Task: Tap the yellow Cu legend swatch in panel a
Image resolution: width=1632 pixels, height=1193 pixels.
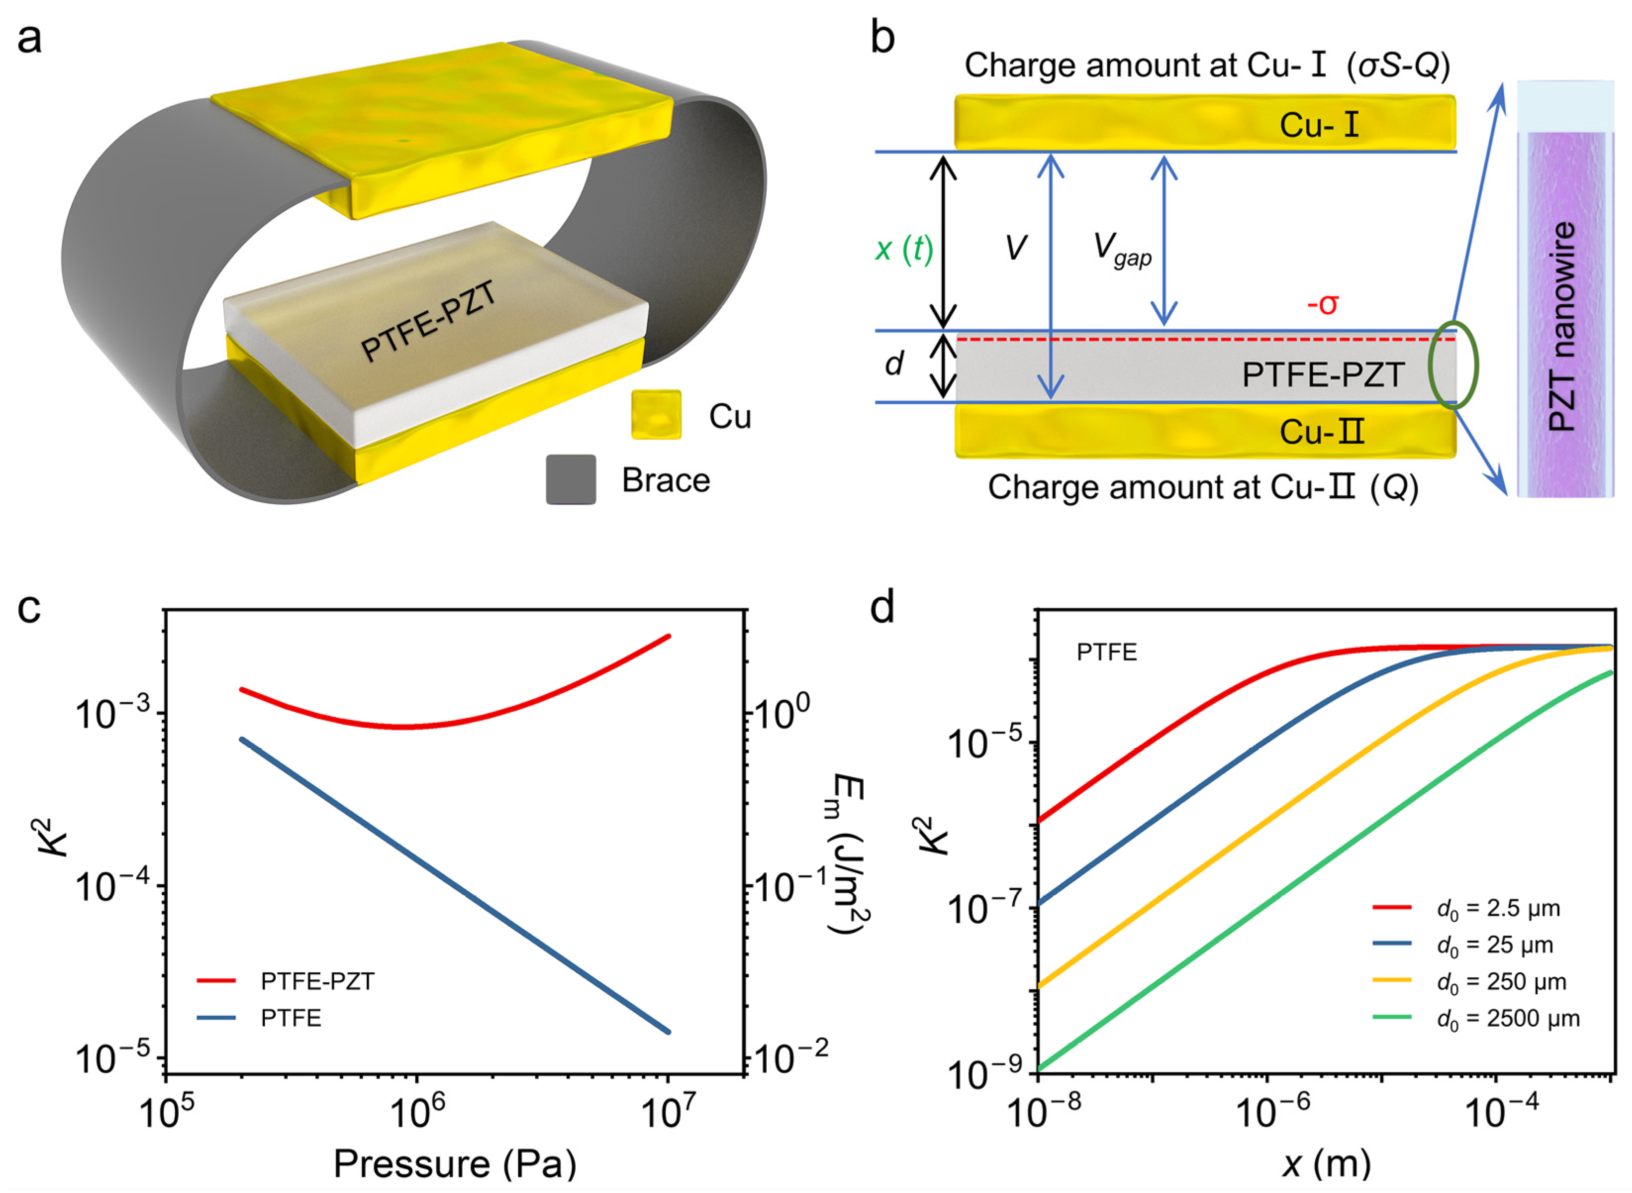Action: (x=656, y=415)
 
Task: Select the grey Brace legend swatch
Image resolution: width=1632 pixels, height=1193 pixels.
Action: (x=571, y=479)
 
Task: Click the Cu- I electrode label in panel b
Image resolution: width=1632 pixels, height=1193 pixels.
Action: (x=1319, y=125)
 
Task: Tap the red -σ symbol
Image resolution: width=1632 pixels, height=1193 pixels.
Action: (x=1322, y=304)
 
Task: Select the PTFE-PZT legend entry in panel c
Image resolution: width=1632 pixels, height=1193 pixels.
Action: (x=317, y=981)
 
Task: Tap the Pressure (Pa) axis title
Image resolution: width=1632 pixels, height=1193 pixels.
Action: (x=455, y=1163)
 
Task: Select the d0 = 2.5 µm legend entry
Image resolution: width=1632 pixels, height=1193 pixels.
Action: (x=1498, y=908)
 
